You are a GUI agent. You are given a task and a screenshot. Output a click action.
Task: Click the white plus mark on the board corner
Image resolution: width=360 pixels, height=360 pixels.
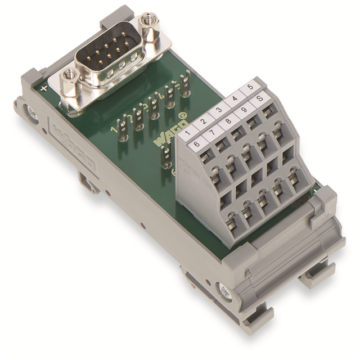(44, 88)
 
